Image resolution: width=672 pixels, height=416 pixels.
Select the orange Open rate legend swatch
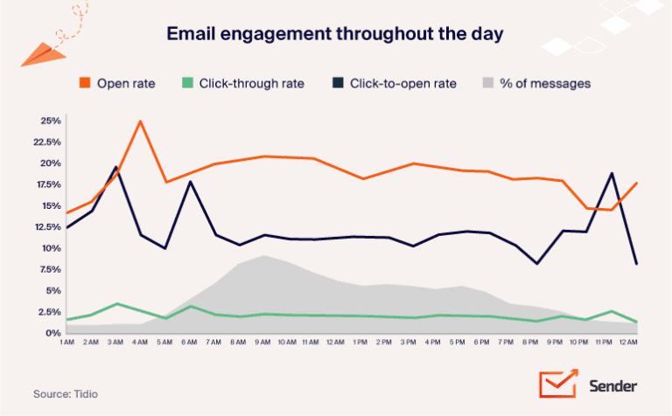(x=84, y=83)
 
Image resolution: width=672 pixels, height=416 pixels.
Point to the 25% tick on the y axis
(x=49, y=121)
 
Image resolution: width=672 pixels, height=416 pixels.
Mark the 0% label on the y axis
(x=52, y=333)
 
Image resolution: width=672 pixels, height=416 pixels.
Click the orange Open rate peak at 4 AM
(x=140, y=121)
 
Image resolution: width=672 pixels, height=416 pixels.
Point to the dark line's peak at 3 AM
(x=115, y=167)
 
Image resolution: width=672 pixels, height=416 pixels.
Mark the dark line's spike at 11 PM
(x=612, y=173)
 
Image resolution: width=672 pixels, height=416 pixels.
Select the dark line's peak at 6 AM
(x=190, y=182)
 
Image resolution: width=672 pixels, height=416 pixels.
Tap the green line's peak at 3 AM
(x=115, y=303)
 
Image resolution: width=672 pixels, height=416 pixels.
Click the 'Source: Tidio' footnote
(x=66, y=394)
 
